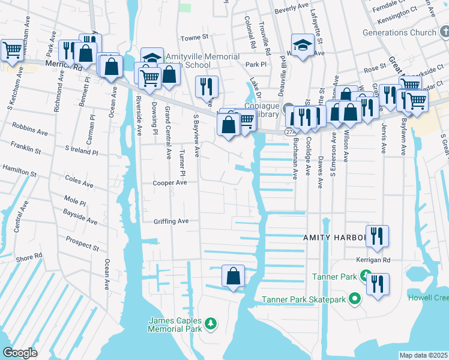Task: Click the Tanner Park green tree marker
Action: [x=364, y=277]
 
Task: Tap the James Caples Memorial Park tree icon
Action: [x=211, y=324]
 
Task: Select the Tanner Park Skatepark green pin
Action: [x=355, y=298]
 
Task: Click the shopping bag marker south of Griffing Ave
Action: [x=233, y=277]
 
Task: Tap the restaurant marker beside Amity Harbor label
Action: [x=377, y=236]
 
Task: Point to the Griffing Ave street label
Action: [x=170, y=221]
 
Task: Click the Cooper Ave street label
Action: [x=170, y=182]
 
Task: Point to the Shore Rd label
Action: [x=29, y=256]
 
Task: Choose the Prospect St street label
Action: [x=83, y=243]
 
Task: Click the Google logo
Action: [x=20, y=352]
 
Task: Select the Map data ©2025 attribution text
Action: [x=423, y=355]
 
